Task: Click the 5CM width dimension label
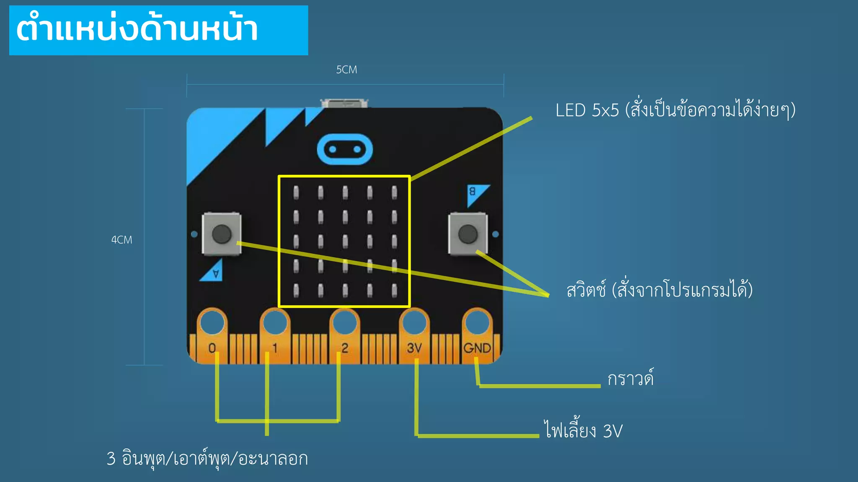[x=346, y=69]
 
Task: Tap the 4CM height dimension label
[x=121, y=240]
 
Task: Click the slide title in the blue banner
[x=137, y=30]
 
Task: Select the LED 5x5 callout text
[x=675, y=110]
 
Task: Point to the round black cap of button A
[x=222, y=234]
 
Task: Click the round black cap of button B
[x=468, y=234]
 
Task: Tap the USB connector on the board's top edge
[x=344, y=103]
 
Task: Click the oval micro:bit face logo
[x=345, y=149]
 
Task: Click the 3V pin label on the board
[x=414, y=348]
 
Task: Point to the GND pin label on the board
[x=477, y=348]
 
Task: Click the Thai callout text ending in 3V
[x=583, y=430]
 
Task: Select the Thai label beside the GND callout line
[x=631, y=378]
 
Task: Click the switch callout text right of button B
[x=659, y=290]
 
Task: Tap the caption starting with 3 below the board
[x=207, y=459]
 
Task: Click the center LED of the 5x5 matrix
[x=345, y=241]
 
